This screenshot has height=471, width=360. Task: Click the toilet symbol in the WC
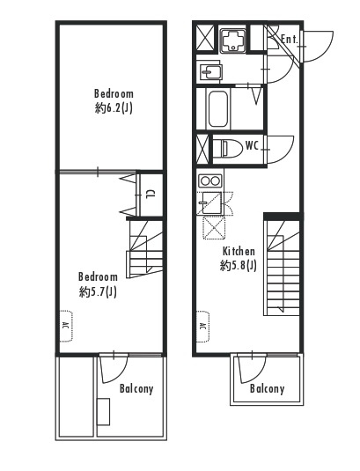tap(231, 148)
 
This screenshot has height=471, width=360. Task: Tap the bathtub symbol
tap(217, 109)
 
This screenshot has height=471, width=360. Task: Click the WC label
tap(252, 145)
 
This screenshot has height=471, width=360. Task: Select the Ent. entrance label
tap(289, 39)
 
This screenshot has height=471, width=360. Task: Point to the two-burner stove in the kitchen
tap(209, 180)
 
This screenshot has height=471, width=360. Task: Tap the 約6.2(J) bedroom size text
tap(114, 108)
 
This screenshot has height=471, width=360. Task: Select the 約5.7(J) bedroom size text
tap(98, 291)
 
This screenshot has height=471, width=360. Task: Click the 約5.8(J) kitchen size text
tap(239, 265)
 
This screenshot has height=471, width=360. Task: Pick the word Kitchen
tap(239, 251)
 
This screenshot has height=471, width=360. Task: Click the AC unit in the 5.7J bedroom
tap(66, 326)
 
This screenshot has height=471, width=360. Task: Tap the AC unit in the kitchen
tap(203, 326)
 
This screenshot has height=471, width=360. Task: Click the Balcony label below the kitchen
tap(267, 389)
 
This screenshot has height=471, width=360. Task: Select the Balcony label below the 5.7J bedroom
tap(136, 389)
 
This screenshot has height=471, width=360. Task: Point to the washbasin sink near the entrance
tap(210, 72)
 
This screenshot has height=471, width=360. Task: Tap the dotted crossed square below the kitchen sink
tap(214, 228)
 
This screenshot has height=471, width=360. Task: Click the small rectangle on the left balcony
tap(103, 411)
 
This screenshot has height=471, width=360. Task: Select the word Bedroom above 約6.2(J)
tap(114, 93)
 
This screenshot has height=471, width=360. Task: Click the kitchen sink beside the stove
tap(211, 202)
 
